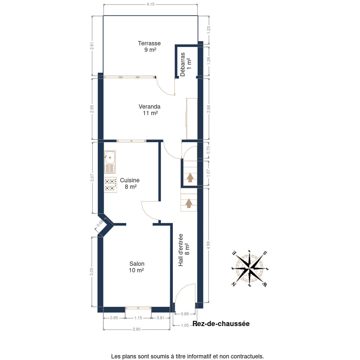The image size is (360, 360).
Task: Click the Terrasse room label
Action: (x=149, y=43)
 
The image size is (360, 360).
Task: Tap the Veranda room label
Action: (x=149, y=106)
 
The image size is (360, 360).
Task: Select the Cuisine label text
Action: (x=130, y=180)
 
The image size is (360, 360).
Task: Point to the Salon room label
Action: (x=137, y=264)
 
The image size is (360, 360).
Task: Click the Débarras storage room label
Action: (x=182, y=64)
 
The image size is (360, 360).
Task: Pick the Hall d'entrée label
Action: (x=181, y=250)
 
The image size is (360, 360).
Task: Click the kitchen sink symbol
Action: (x=110, y=162)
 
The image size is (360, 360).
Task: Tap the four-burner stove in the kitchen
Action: (x=110, y=184)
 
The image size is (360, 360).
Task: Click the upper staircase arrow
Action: (x=190, y=177)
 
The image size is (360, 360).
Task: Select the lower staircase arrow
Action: (x=189, y=203)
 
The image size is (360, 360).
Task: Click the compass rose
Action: (x=249, y=268)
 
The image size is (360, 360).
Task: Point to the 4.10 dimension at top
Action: (x=150, y=4)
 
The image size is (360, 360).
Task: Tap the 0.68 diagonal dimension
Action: (x=100, y=223)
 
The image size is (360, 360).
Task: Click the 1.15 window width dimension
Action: (x=138, y=318)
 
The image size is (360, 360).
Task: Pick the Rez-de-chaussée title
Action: (x=221, y=324)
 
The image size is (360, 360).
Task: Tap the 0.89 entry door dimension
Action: (x=185, y=314)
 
